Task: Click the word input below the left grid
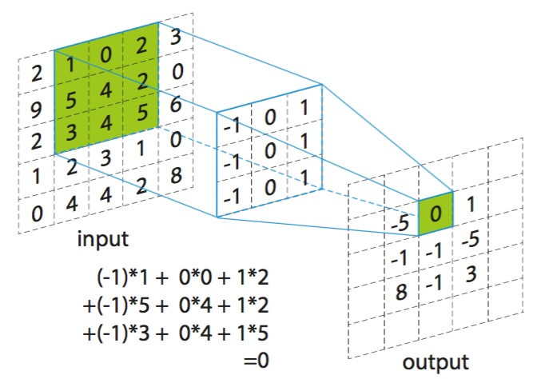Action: tap(103, 239)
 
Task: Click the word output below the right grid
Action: tap(436, 362)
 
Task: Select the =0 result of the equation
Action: tap(257, 361)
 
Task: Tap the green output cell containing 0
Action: tap(436, 213)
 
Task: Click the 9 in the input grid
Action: tap(36, 110)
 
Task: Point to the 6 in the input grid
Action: tap(177, 104)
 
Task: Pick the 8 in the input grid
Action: tap(177, 175)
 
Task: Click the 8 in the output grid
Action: tap(401, 291)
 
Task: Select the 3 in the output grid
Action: tap(471, 273)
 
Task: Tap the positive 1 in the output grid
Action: tap(471, 204)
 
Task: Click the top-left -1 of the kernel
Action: tap(233, 126)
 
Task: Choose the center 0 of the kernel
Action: tap(270, 151)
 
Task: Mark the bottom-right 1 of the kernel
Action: tap(304, 178)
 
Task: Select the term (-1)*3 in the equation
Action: tap(123, 333)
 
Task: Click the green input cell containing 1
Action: tap(71, 65)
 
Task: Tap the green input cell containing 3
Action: tap(71, 133)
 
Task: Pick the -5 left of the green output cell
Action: tap(400, 223)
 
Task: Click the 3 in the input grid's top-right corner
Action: tap(176, 37)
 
